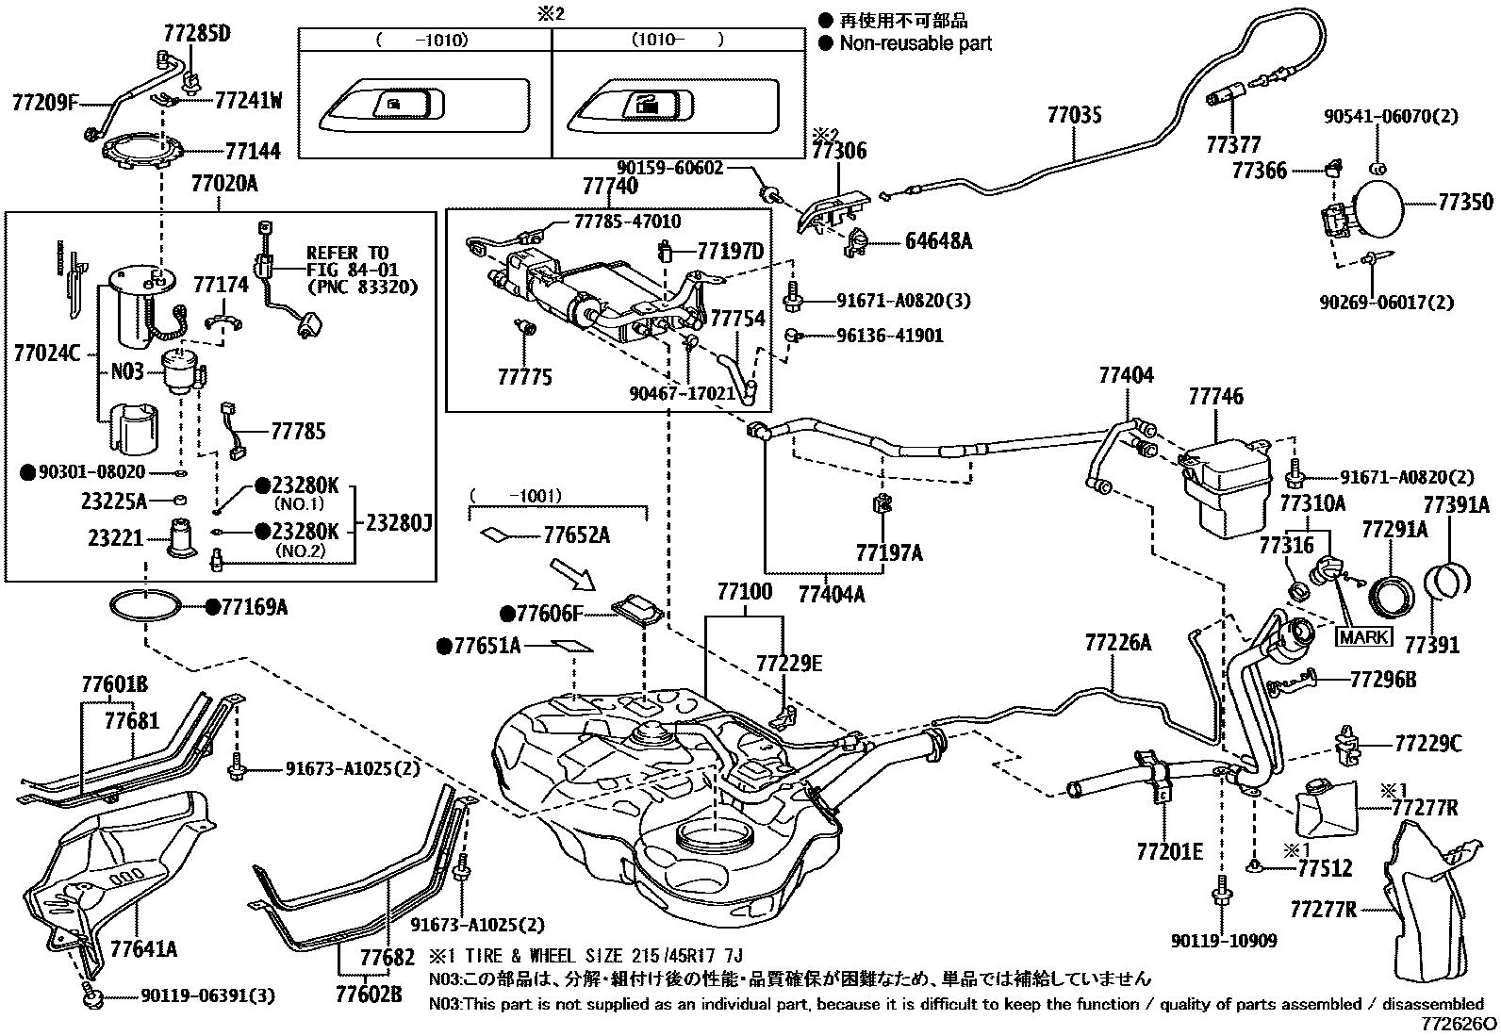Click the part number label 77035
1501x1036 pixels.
1074,116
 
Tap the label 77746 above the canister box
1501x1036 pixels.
1215,397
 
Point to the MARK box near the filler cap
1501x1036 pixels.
1364,636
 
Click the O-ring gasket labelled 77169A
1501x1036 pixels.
146,606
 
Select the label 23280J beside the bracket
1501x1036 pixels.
399,523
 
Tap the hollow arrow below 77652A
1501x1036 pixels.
569,573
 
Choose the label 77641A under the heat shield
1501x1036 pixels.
143,947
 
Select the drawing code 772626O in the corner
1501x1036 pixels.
1459,1023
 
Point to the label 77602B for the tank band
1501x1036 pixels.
369,993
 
